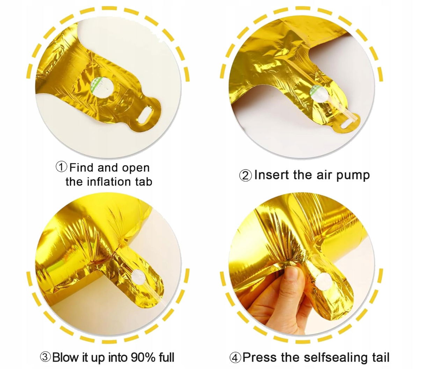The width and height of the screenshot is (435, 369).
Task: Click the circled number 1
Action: (x=61, y=167)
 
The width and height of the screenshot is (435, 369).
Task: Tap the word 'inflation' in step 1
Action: (x=109, y=182)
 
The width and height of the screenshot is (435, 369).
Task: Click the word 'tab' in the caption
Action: (x=144, y=182)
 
